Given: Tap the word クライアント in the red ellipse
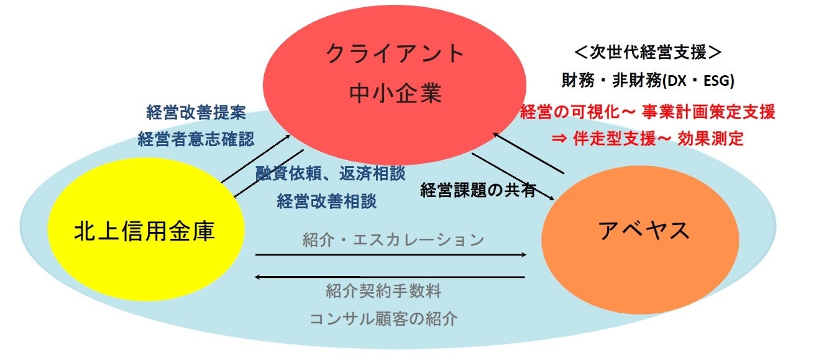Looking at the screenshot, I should click(395, 53).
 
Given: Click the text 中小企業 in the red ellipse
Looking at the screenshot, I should click(395, 94).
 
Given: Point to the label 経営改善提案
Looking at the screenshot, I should click(196, 113).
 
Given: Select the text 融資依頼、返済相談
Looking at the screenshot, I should click(331, 173).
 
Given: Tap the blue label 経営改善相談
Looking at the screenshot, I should click(326, 201).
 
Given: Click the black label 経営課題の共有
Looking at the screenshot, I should click(478, 190).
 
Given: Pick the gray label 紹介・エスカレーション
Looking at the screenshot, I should click(393, 239).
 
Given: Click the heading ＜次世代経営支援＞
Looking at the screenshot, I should click(646, 53).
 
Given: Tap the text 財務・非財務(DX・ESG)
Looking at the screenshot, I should click(646, 80).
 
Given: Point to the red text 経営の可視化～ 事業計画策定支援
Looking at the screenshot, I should click(647, 113).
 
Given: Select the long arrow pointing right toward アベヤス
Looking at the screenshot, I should click(392, 254).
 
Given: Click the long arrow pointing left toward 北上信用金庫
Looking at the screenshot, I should click(392, 277).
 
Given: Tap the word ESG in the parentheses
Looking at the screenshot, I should click(717, 80).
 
